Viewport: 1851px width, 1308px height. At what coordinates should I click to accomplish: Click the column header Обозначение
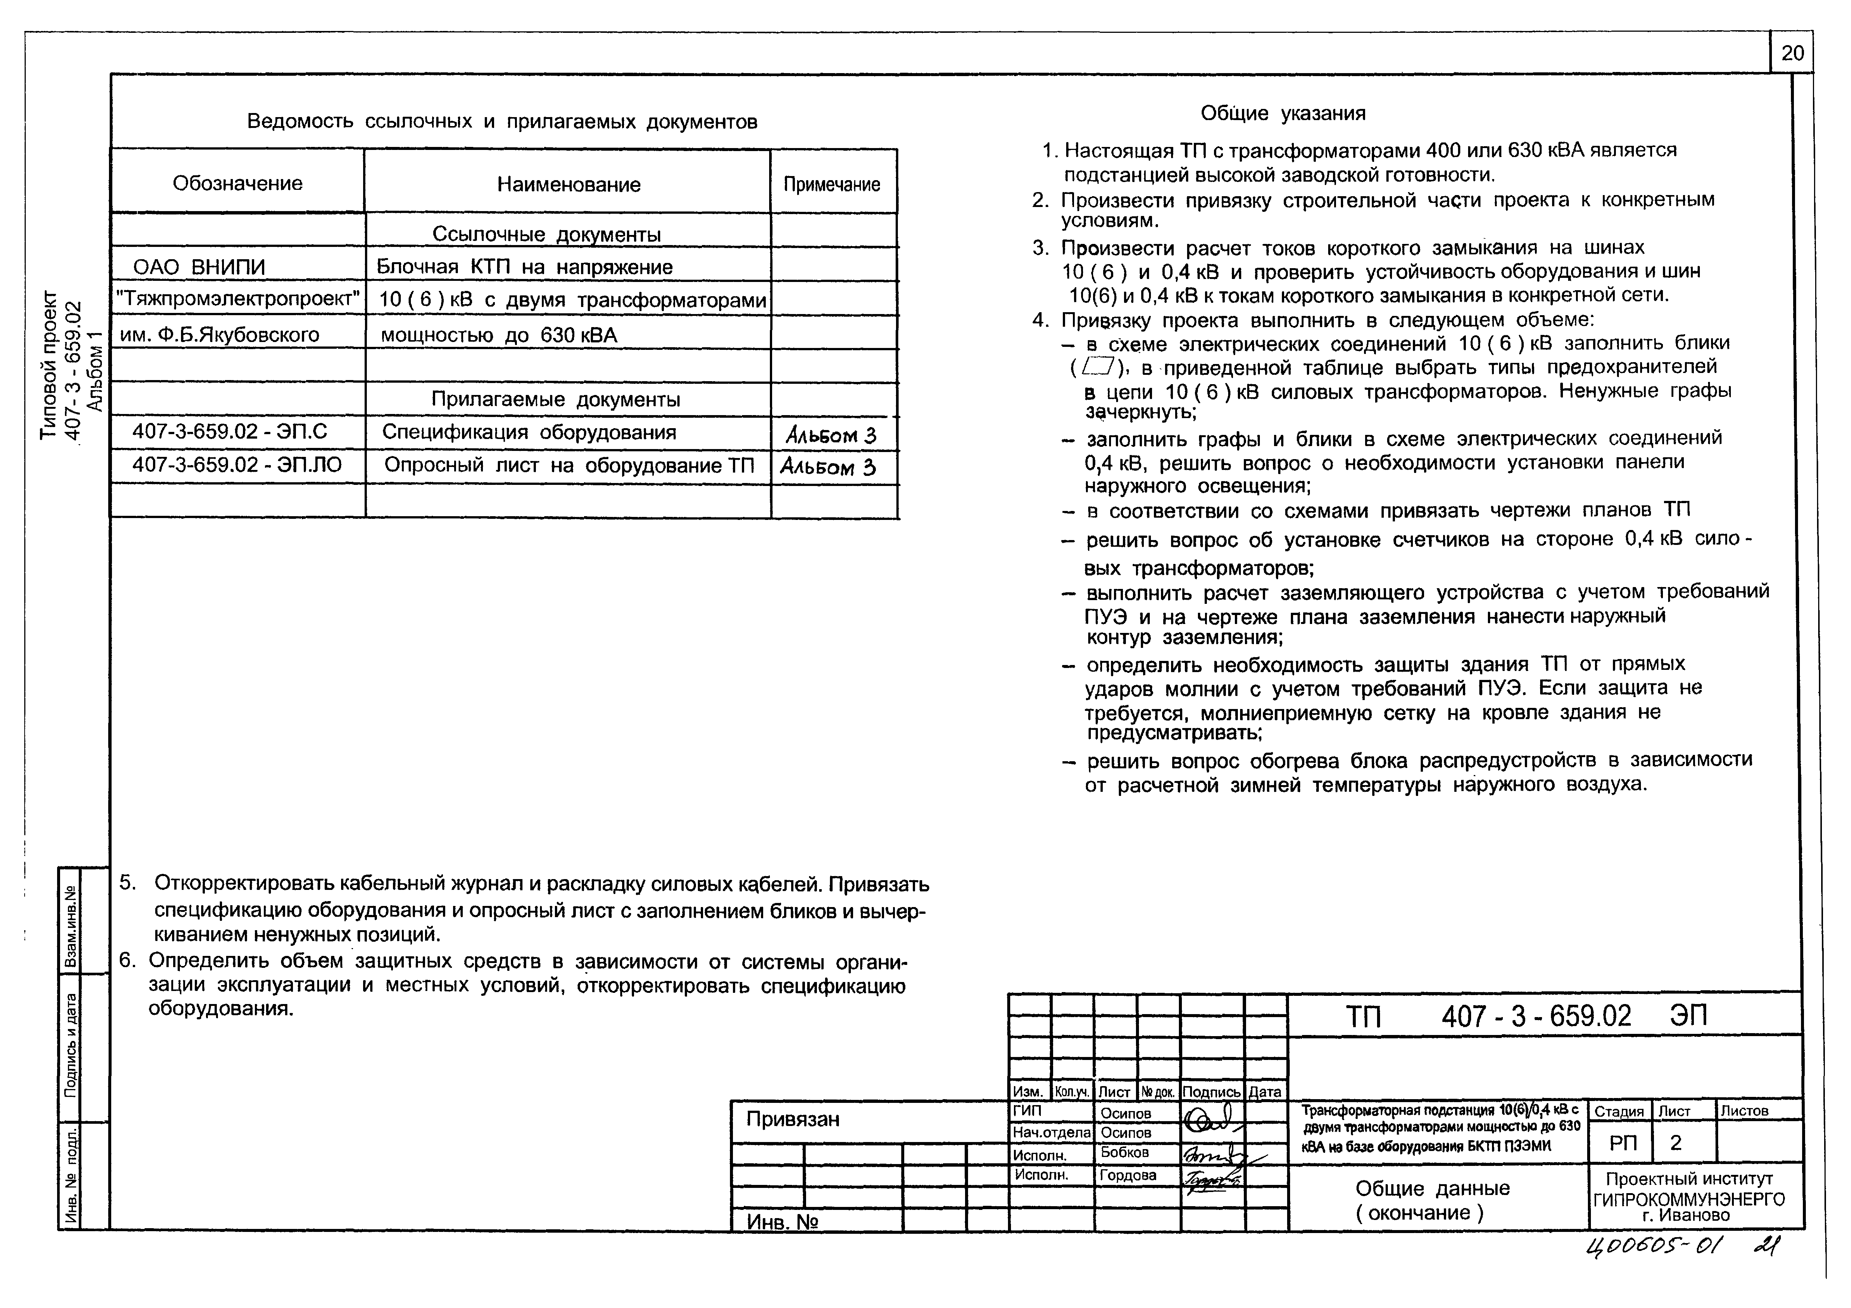(238, 184)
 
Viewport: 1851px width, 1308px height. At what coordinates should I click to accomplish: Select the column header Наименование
(568, 185)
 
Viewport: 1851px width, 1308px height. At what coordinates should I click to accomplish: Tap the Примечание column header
(832, 185)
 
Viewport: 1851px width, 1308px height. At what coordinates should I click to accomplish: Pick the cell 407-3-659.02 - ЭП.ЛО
(237, 466)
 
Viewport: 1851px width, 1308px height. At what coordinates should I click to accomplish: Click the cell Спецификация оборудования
(529, 433)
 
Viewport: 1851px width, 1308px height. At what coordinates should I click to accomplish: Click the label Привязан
(793, 1119)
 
